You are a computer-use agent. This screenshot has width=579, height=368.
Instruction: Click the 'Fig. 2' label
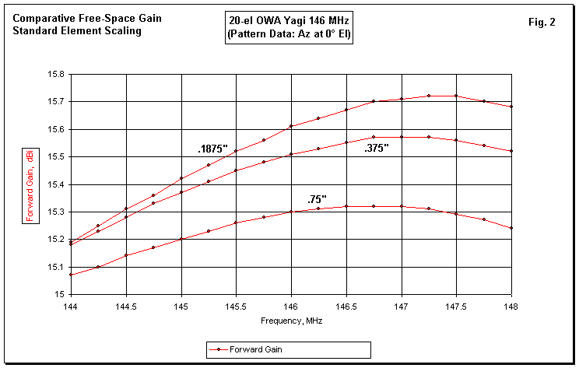pyautogui.click(x=542, y=22)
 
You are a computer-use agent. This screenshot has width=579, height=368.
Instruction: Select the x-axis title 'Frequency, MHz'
pyautogui.click(x=291, y=319)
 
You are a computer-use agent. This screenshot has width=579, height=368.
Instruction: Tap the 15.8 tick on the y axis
pyautogui.click(x=57, y=75)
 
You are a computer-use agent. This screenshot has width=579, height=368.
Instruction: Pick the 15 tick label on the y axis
pyautogui.click(x=61, y=295)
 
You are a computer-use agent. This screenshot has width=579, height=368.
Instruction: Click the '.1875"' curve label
pyautogui.click(x=212, y=148)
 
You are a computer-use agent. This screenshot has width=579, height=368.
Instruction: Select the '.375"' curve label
pyautogui.click(x=377, y=148)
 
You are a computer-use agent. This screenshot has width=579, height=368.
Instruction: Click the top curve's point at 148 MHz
pyautogui.click(x=511, y=107)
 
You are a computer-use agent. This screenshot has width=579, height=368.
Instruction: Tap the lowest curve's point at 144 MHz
pyautogui.click(x=71, y=275)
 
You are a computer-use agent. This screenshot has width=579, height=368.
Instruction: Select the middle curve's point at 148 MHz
pyautogui.click(x=511, y=151)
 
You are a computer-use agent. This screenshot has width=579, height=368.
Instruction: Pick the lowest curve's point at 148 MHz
pyautogui.click(x=511, y=228)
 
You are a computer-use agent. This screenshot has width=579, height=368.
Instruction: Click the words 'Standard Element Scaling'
pyautogui.click(x=77, y=31)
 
